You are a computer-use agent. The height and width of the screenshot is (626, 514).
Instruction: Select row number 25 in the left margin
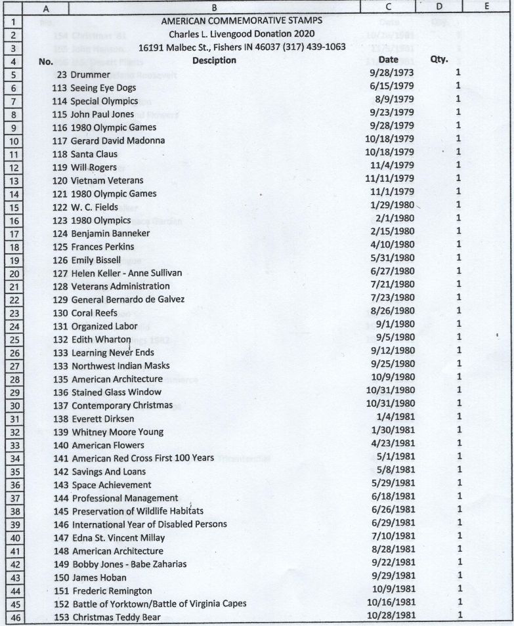[x=13, y=340]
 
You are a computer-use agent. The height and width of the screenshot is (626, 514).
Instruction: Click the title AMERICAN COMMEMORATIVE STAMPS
[x=242, y=20]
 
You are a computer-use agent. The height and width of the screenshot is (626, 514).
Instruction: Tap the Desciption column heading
[x=214, y=60]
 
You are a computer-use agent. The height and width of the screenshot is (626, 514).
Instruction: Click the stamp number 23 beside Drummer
[x=62, y=74]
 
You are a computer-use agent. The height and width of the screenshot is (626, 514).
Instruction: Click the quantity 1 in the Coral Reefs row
[x=458, y=312]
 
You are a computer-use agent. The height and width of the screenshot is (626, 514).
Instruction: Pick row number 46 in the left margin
[x=13, y=617]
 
